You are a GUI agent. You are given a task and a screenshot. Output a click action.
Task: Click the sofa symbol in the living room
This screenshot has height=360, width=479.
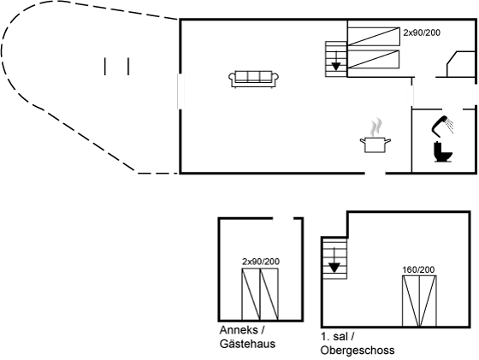[253, 79]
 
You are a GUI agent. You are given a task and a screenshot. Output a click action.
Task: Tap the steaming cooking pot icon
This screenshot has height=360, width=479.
[376, 136]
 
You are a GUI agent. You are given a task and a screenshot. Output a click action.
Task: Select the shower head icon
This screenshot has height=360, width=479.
[442, 125]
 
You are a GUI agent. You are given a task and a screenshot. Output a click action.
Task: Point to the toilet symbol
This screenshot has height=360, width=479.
[443, 151]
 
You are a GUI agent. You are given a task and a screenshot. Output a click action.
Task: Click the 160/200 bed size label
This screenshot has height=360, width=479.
[418, 270]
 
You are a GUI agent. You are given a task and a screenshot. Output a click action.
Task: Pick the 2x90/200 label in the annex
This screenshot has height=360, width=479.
[261, 262]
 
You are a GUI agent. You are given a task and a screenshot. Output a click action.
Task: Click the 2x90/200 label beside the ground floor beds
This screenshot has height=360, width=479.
[422, 32]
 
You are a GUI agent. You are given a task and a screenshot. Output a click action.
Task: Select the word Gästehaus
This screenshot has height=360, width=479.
[247, 344]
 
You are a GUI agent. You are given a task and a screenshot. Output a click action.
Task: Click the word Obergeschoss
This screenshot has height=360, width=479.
[358, 351]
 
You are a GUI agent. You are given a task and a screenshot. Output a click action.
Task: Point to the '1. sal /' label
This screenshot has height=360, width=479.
[338, 337]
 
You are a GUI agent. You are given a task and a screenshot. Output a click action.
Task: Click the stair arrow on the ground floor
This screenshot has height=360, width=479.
[336, 61]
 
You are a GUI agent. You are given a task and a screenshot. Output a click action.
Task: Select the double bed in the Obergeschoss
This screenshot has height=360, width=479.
[419, 301]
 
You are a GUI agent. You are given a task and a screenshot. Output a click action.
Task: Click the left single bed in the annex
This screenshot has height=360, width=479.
[251, 294]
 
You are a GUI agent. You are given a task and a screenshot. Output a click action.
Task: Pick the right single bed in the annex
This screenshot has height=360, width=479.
[269, 294]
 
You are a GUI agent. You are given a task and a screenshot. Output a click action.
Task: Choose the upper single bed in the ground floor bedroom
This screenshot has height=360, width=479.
[374, 36]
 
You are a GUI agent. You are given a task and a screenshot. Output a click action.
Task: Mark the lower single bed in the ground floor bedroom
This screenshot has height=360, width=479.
[374, 59]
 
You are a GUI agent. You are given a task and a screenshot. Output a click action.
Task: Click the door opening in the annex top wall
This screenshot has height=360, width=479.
[283, 218]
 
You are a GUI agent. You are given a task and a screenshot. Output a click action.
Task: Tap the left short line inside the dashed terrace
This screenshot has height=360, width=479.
[105, 66]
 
